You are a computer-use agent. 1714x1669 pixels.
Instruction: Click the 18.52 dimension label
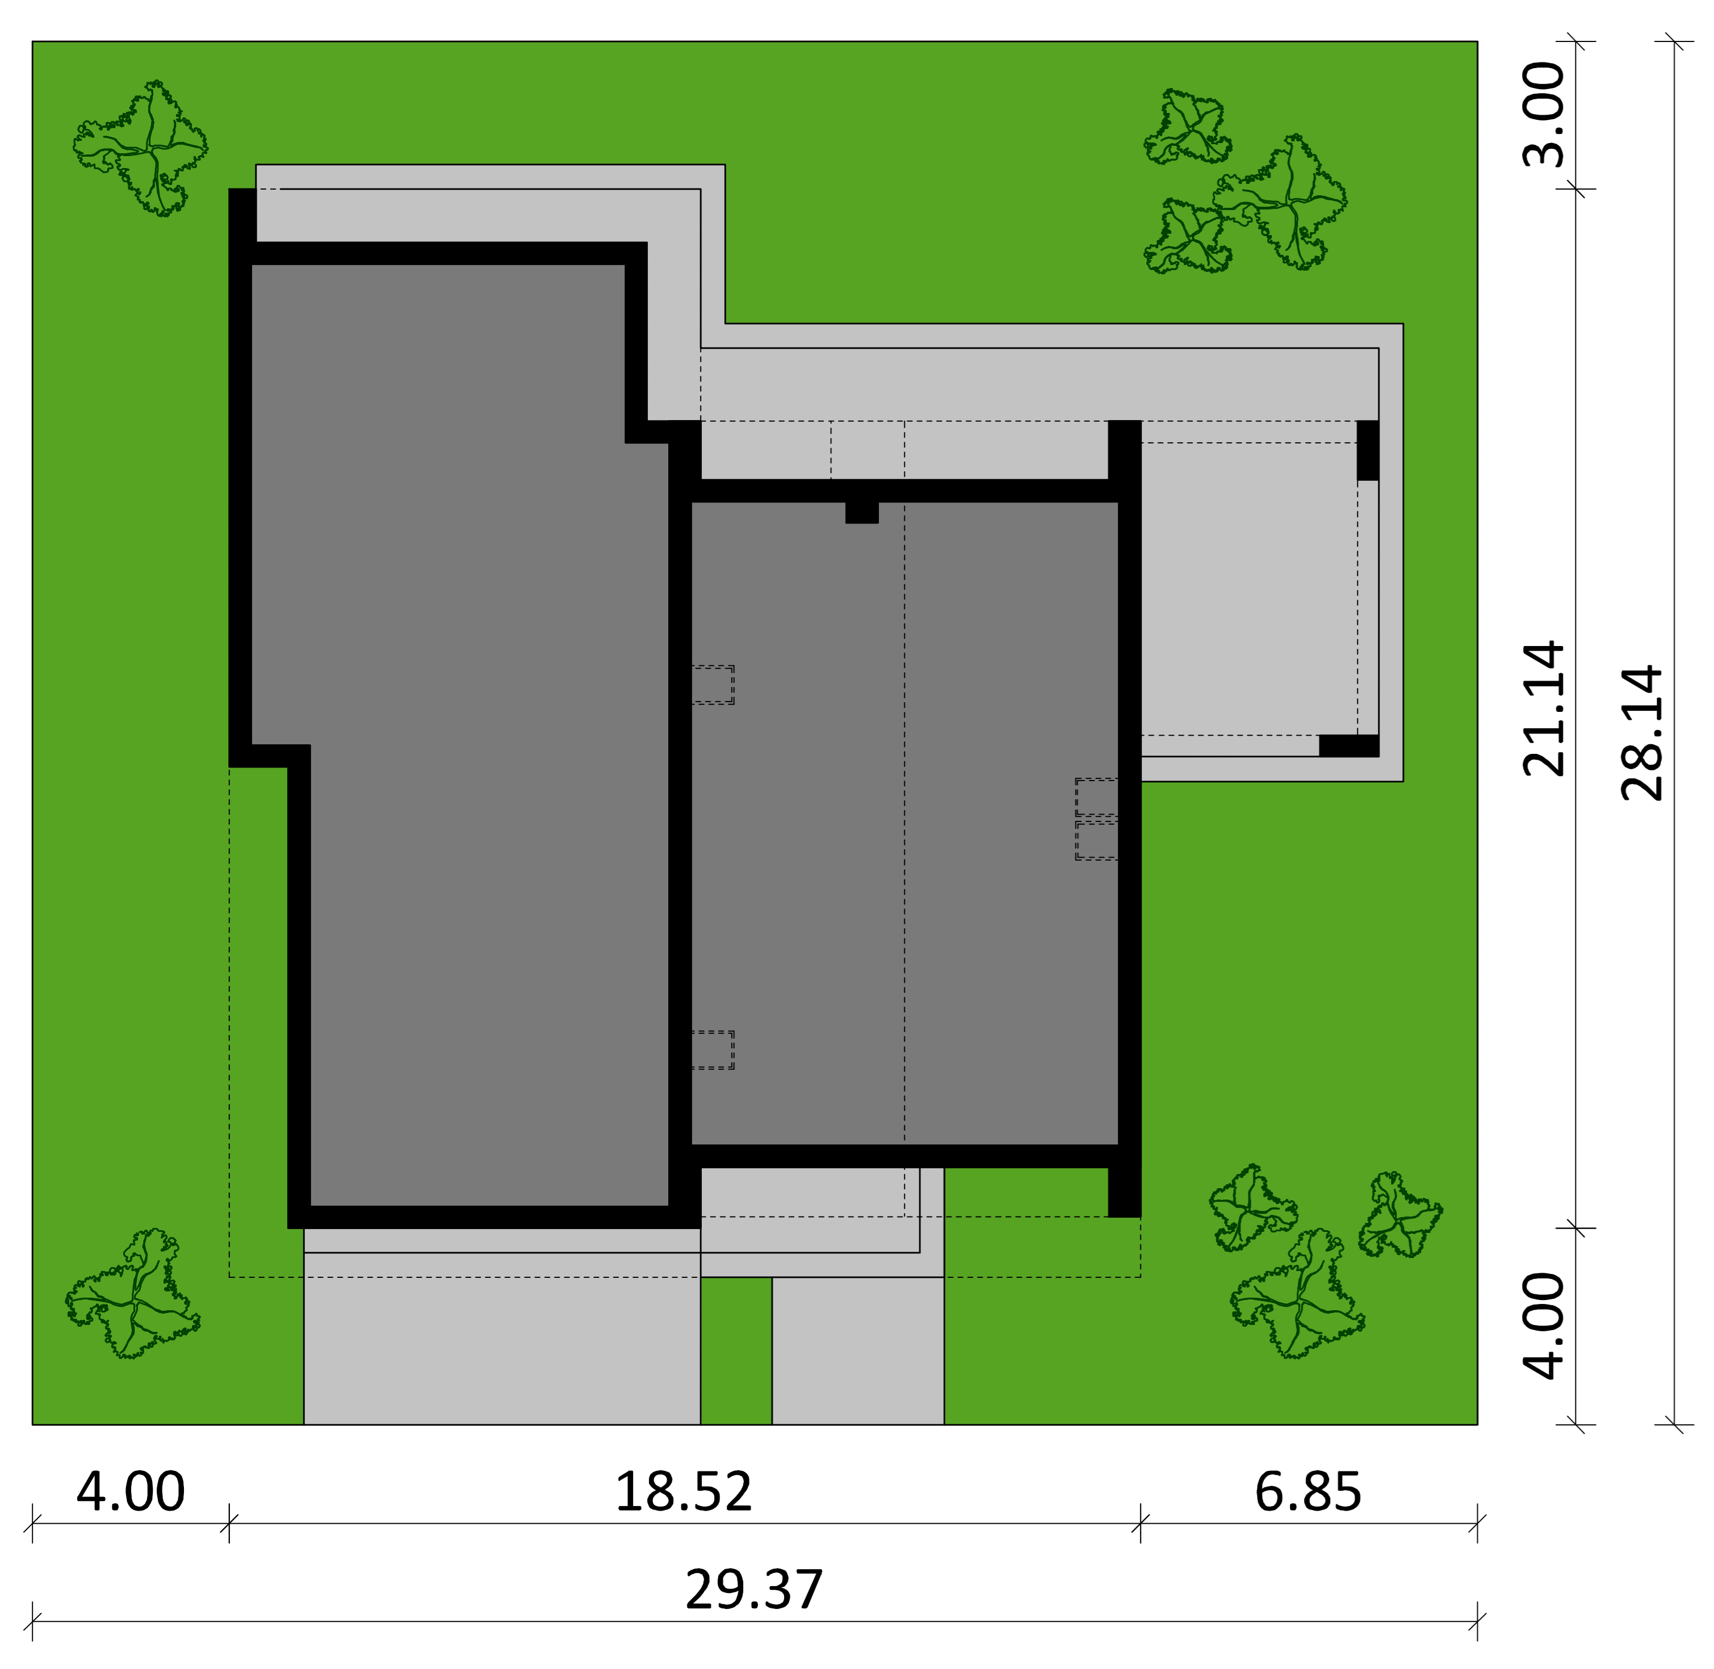pos(683,1491)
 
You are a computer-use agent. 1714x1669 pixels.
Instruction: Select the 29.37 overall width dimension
pos(754,1589)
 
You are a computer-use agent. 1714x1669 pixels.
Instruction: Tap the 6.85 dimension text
pos(1308,1491)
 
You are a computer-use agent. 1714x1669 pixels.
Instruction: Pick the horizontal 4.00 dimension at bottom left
pos(131,1491)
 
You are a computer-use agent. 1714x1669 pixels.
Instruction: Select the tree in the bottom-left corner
pos(132,1293)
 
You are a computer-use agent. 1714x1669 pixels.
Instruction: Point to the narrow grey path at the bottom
pos(857,1350)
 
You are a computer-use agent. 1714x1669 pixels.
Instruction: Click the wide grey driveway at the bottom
pos(501,1337)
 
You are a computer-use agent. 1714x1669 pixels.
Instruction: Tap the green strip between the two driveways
pos(736,1351)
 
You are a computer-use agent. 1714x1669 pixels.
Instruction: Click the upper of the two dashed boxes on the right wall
pos(1097,797)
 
